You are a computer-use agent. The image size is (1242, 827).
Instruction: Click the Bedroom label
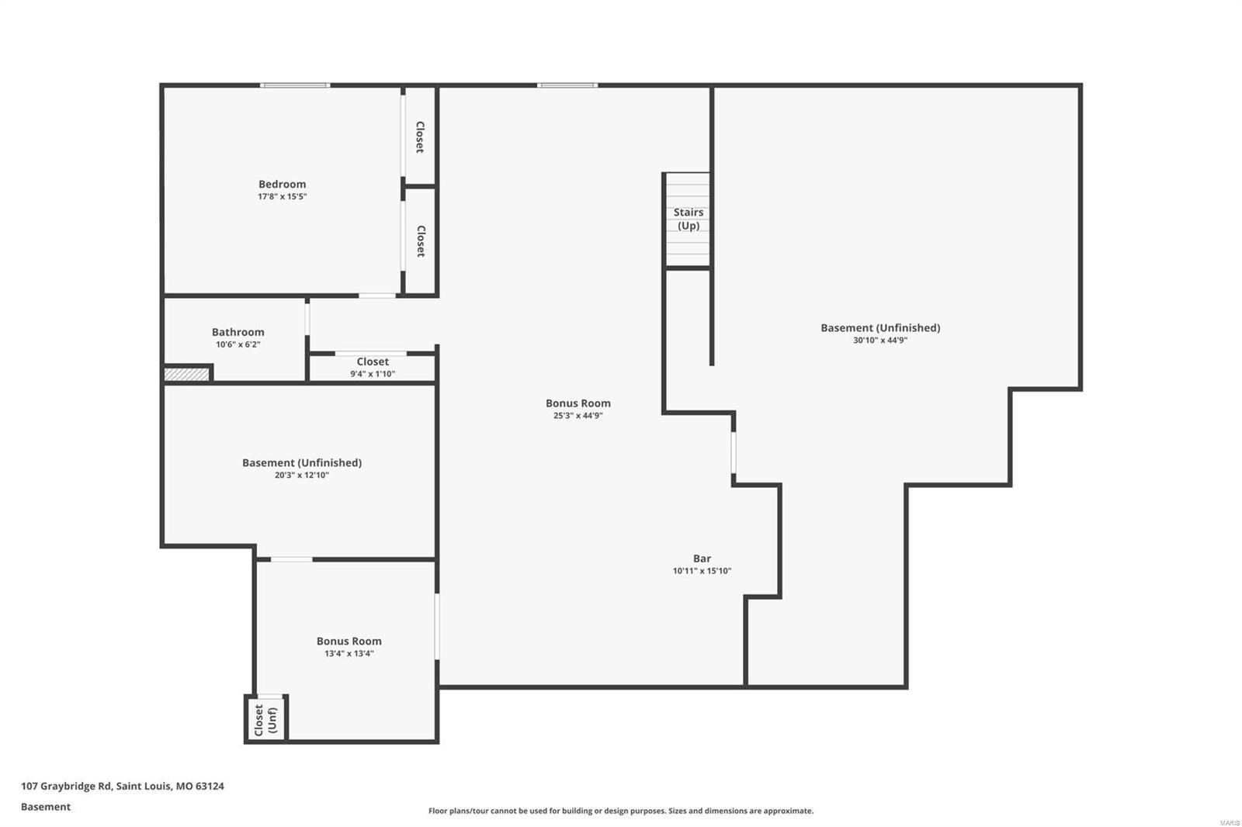(x=282, y=184)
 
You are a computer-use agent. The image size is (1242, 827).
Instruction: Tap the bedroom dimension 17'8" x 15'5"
(x=282, y=197)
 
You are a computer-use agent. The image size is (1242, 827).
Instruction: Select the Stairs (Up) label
(x=688, y=219)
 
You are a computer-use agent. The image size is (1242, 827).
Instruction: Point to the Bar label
(x=702, y=559)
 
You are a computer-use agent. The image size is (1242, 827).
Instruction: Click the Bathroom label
(x=238, y=332)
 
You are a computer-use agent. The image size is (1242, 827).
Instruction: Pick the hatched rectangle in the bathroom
(x=187, y=375)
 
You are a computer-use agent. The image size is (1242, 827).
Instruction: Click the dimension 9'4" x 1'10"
(x=373, y=374)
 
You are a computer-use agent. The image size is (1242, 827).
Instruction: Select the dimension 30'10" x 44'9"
(x=879, y=340)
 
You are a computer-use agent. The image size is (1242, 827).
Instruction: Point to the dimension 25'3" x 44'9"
(x=578, y=416)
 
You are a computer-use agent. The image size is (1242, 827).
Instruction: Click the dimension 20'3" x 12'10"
(x=301, y=476)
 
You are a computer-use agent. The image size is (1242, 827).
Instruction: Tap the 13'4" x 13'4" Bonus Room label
(x=349, y=641)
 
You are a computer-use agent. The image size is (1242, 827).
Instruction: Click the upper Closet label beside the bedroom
(x=420, y=137)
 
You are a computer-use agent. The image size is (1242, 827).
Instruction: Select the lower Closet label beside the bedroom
(x=420, y=241)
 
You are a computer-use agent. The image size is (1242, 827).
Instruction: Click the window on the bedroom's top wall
(x=295, y=85)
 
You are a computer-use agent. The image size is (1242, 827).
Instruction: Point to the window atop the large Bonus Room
(x=567, y=85)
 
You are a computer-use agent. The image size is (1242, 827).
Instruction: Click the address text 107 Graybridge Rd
(x=122, y=786)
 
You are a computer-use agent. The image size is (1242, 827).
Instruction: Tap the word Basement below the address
(x=45, y=807)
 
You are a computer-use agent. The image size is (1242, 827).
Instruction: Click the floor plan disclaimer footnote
(x=620, y=811)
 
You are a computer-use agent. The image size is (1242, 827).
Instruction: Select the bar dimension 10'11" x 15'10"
(x=702, y=571)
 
